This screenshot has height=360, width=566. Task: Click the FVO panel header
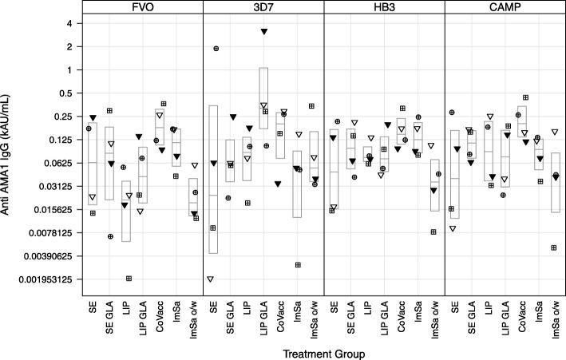click(143, 7)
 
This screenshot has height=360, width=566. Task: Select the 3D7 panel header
click(263, 7)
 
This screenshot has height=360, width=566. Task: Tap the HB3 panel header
click(384, 7)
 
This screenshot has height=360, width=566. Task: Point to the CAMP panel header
click(505, 7)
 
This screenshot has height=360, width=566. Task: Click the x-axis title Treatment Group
click(323, 351)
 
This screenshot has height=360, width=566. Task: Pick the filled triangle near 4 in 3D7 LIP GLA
click(264, 32)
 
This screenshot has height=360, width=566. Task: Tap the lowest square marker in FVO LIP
click(129, 278)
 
